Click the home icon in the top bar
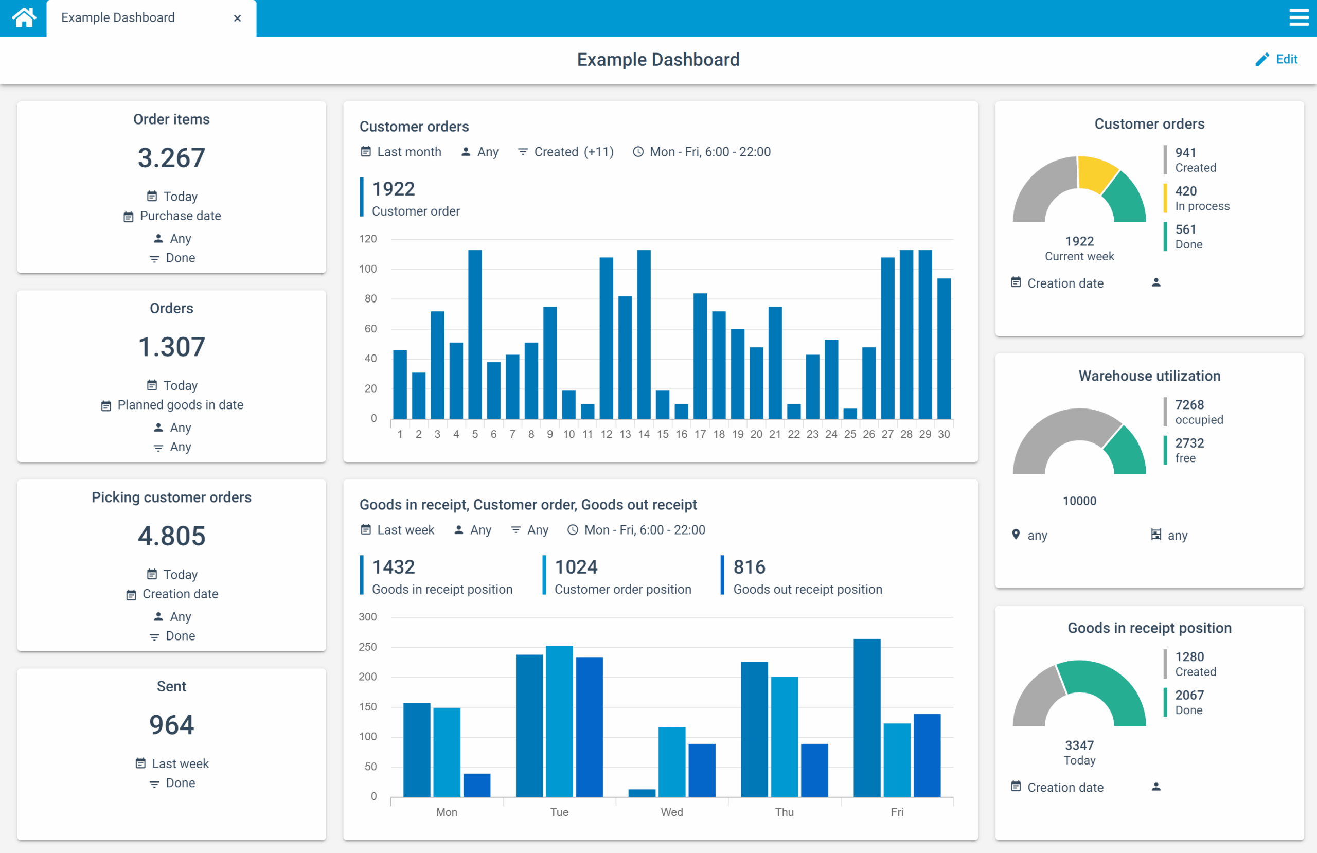tap(24, 17)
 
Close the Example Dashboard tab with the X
tap(237, 19)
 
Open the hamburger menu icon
tap(1298, 17)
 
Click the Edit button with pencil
tap(1276, 59)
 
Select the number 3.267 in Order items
tap(171, 158)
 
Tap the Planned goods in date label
tap(180, 405)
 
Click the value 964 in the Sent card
tap(171, 724)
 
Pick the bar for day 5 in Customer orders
tap(475, 334)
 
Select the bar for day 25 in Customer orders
tap(850, 414)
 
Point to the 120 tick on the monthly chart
tap(368, 239)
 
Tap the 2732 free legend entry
tap(1188, 450)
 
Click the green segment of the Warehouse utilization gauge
tap(1126, 452)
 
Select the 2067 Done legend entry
tap(1188, 702)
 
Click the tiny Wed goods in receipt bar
tap(642, 793)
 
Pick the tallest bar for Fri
tap(866, 718)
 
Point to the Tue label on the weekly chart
tap(559, 812)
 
